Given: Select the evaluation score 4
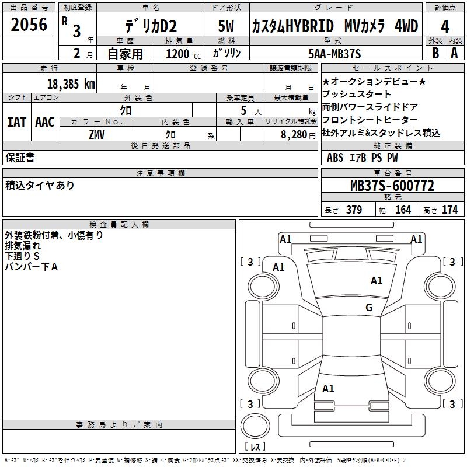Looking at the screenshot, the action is tap(445, 26).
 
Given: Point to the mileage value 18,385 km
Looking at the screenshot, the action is tap(71, 83).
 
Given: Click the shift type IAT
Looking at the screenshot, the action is tap(16, 122).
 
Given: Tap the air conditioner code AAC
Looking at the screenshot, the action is tap(44, 122).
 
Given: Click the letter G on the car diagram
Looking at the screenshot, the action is tap(368, 308).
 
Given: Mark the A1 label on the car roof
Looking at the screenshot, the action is tap(377, 281).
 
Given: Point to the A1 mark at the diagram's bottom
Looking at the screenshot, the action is tap(328, 388).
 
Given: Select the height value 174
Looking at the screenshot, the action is tap(449, 210).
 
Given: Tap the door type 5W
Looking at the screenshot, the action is tap(227, 26).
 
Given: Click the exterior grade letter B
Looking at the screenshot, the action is tap(435, 53).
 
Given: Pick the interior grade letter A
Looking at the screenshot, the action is tap(454, 53).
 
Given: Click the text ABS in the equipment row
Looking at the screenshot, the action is tap(335, 158).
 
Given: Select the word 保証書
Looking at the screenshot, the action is tap(20, 158).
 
